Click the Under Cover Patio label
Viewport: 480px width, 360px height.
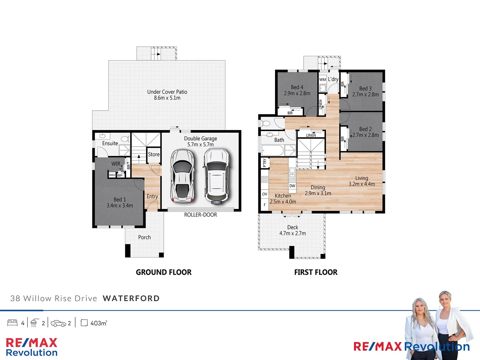[167, 92]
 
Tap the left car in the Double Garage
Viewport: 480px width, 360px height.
[182, 176]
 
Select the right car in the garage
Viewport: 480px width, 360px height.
[216, 176]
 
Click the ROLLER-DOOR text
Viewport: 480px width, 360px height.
[200, 215]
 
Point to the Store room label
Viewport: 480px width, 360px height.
[154, 154]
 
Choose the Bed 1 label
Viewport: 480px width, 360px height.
[120, 199]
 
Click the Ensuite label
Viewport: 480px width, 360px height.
[110, 143]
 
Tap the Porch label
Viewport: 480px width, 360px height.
[144, 237]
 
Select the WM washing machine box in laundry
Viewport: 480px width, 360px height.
[323, 80]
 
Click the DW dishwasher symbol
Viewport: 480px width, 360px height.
[292, 186]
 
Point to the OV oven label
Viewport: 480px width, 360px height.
[265, 194]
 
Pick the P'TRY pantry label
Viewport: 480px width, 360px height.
[265, 163]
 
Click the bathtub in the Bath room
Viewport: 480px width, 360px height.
[272, 150]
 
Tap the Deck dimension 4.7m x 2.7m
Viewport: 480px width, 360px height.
[292, 233]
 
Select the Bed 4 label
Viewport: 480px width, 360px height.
[297, 87]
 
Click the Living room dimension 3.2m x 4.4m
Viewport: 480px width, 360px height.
[362, 184]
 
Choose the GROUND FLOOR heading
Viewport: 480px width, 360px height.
[164, 272]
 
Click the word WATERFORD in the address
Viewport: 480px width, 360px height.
[131, 298]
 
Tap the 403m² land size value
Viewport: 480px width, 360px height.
[99, 323]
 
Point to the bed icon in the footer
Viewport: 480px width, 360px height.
[12, 323]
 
